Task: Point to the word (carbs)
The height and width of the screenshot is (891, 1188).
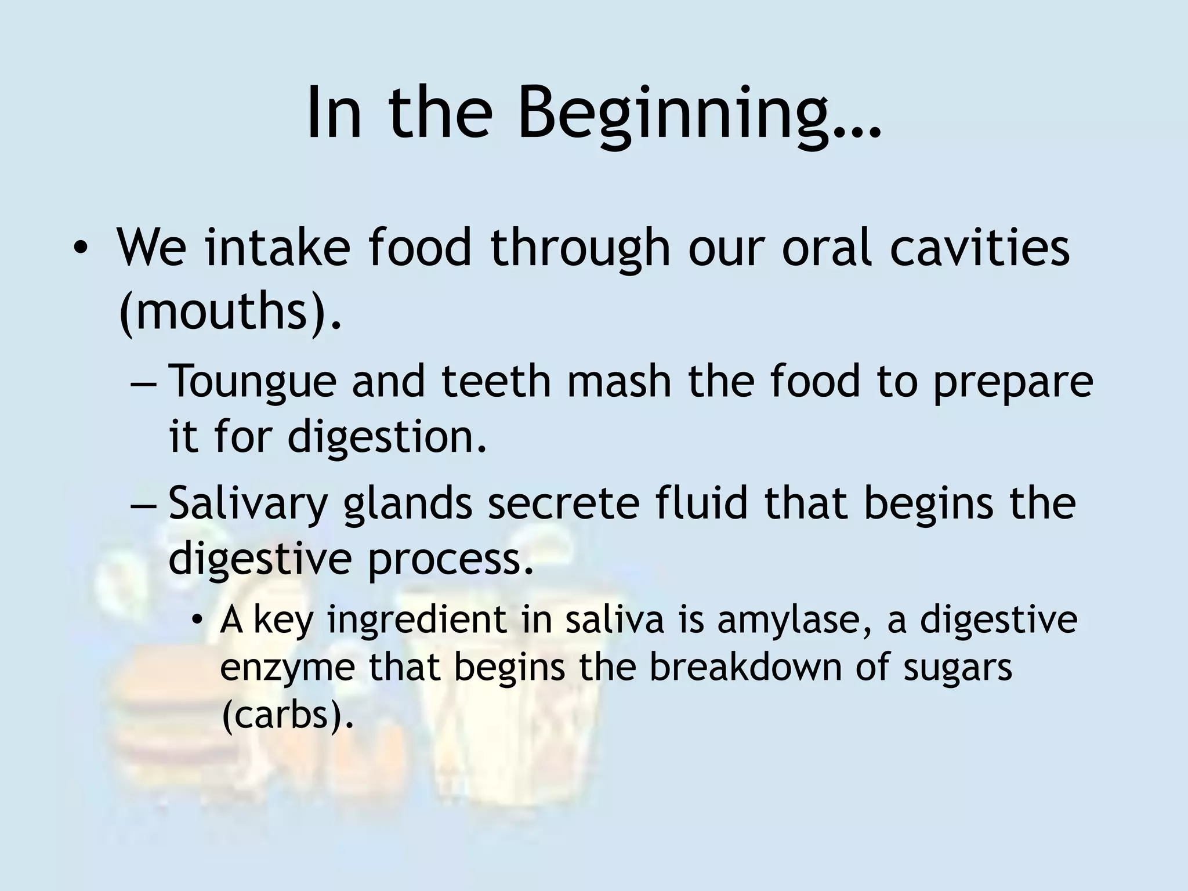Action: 287,715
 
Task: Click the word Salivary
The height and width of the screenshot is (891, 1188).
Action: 248,503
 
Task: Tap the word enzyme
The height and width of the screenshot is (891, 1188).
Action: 288,667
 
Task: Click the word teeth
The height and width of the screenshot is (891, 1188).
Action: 497,381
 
